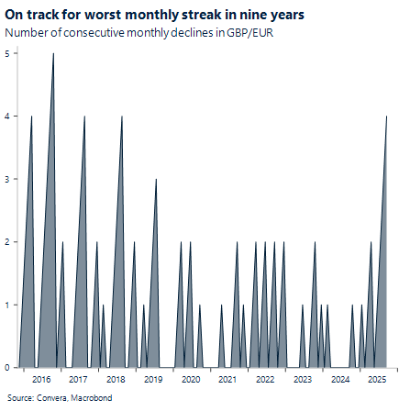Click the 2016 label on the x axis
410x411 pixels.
coord(41,379)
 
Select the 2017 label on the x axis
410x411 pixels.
coord(79,379)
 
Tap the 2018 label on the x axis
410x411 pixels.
coord(116,379)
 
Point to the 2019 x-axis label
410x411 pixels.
coord(153,379)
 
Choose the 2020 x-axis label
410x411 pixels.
coord(191,379)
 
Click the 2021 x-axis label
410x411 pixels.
coord(228,379)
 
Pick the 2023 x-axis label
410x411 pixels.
coord(303,379)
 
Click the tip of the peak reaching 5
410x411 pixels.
coord(52,54)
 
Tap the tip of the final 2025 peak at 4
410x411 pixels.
coord(386,117)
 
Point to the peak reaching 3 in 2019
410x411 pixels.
coord(156,179)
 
